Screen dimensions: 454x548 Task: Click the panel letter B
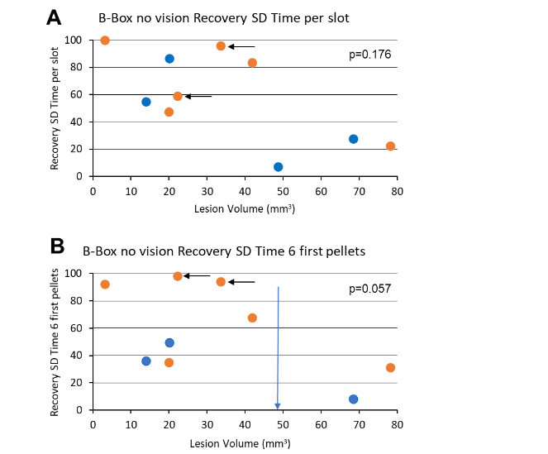pos(57,246)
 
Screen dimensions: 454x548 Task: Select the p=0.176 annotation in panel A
pos(368,55)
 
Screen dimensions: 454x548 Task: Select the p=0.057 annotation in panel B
pos(368,289)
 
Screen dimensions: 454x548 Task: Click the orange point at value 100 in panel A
pos(105,41)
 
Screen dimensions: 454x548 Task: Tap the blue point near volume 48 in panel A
pos(279,167)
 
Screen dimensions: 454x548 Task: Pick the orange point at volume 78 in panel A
pos(390,146)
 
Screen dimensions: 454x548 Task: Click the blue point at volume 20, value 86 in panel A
pos(169,59)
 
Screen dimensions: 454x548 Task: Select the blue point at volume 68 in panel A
pos(354,139)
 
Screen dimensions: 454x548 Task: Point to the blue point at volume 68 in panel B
pos(354,399)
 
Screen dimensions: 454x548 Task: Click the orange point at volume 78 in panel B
pos(390,368)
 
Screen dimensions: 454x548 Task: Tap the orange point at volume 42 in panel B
pos(252,318)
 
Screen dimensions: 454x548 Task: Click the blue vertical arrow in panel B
pos(278,347)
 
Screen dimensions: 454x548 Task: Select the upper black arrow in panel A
pos(242,46)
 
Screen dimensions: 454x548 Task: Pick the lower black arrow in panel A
pos(198,97)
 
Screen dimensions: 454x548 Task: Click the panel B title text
pos(223,249)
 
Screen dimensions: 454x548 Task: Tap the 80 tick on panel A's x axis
pos(397,191)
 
